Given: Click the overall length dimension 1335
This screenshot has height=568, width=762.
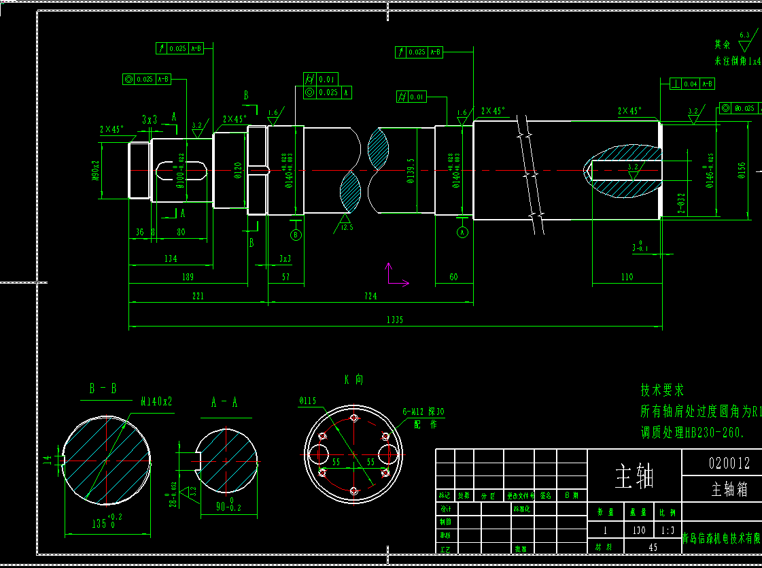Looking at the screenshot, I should pos(394,320).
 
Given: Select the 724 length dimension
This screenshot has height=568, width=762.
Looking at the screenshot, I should pos(370,296).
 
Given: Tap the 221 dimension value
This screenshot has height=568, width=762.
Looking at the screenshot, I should pos(197,296).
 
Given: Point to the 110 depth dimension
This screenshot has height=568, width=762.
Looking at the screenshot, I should pos(627,277).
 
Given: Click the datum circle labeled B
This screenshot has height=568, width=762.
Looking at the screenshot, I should pos(296,235).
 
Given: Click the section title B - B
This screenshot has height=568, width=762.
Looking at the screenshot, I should pos(103,388).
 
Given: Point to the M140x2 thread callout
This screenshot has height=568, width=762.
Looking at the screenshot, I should pos(156,401).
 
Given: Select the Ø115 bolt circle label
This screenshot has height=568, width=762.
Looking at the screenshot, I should pos(308,401).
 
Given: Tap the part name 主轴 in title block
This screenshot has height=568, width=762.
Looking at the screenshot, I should pos(634,477).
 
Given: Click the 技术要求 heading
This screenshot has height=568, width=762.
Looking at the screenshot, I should pos(662,390).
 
